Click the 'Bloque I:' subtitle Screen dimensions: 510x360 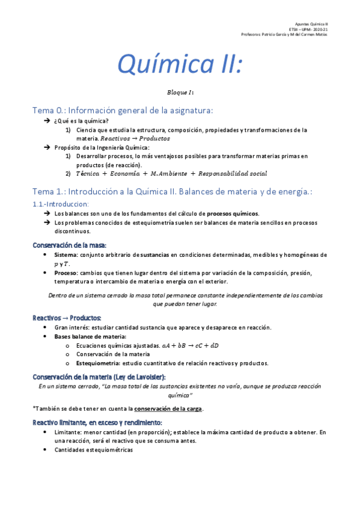pos(180,93)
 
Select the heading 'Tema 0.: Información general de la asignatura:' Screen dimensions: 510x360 pos(123,110)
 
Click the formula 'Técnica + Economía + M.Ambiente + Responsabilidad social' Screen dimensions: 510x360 pos(171,174)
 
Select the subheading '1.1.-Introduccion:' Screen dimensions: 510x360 pos(61,204)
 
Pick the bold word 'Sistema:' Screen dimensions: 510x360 pos(66,254)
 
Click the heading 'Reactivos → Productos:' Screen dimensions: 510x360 pos(66,318)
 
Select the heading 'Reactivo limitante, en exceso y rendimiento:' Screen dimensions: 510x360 pos(97,423)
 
